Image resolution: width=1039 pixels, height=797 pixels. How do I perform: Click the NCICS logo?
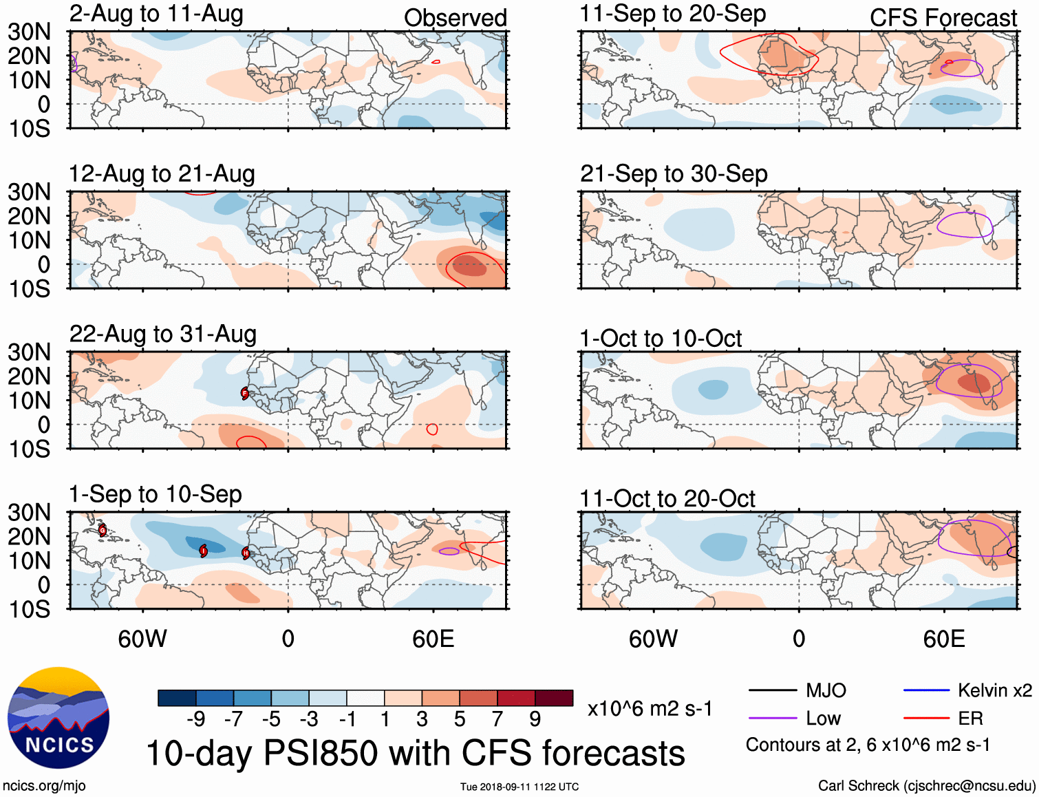tap(58, 718)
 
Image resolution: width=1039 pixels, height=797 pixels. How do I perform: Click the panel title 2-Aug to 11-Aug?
tap(156, 14)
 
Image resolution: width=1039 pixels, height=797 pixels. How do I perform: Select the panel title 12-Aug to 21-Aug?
tap(162, 174)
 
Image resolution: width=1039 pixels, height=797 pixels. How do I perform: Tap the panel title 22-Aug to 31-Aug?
tap(163, 334)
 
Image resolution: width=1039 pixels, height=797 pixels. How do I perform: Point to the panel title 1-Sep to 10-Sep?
tap(156, 494)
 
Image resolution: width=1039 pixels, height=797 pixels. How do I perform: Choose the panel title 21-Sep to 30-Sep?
tap(674, 174)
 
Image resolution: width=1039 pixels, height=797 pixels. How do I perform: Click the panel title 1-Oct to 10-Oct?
tap(661, 339)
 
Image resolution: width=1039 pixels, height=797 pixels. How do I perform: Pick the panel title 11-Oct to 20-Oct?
tap(667, 498)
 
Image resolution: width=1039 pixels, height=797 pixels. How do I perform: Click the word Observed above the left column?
tap(455, 18)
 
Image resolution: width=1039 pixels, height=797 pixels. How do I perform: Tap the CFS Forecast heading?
tap(943, 18)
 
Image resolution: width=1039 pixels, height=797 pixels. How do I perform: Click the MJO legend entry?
tap(826, 690)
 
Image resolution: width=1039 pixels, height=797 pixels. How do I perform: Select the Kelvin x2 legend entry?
tap(994, 690)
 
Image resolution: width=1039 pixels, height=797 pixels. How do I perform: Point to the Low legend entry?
tap(823, 719)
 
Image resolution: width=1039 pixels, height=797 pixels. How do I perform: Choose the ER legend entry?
tap(970, 719)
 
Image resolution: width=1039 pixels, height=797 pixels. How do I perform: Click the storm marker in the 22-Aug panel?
tap(245, 394)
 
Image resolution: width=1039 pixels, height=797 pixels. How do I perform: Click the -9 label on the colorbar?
tap(196, 719)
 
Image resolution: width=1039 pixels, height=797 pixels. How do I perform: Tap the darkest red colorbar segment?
tap(554, 698)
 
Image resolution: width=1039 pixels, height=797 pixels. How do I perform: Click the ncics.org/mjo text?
tap(44, 786)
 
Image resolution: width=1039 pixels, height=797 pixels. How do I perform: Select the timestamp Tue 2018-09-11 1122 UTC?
tap(519, 787)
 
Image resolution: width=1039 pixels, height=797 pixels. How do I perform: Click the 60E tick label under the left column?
tap(433, 639)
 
